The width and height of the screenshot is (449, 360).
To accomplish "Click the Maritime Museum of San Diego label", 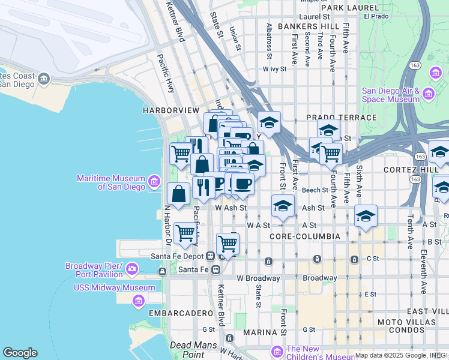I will point(111,182).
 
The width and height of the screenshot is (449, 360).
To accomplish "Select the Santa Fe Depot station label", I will point(178,256).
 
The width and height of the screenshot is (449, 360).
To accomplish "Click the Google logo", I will point(20,353).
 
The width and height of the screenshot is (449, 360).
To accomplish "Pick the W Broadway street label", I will point(258,278).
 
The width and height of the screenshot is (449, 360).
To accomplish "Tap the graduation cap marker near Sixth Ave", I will point(366,216).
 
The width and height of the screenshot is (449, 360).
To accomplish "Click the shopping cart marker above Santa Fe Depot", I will point(228,244).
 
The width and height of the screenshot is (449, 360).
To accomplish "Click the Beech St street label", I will point(315,190).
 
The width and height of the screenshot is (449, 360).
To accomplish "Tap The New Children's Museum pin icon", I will point(277,350).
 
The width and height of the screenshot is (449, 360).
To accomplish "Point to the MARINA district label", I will point(259,331).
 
